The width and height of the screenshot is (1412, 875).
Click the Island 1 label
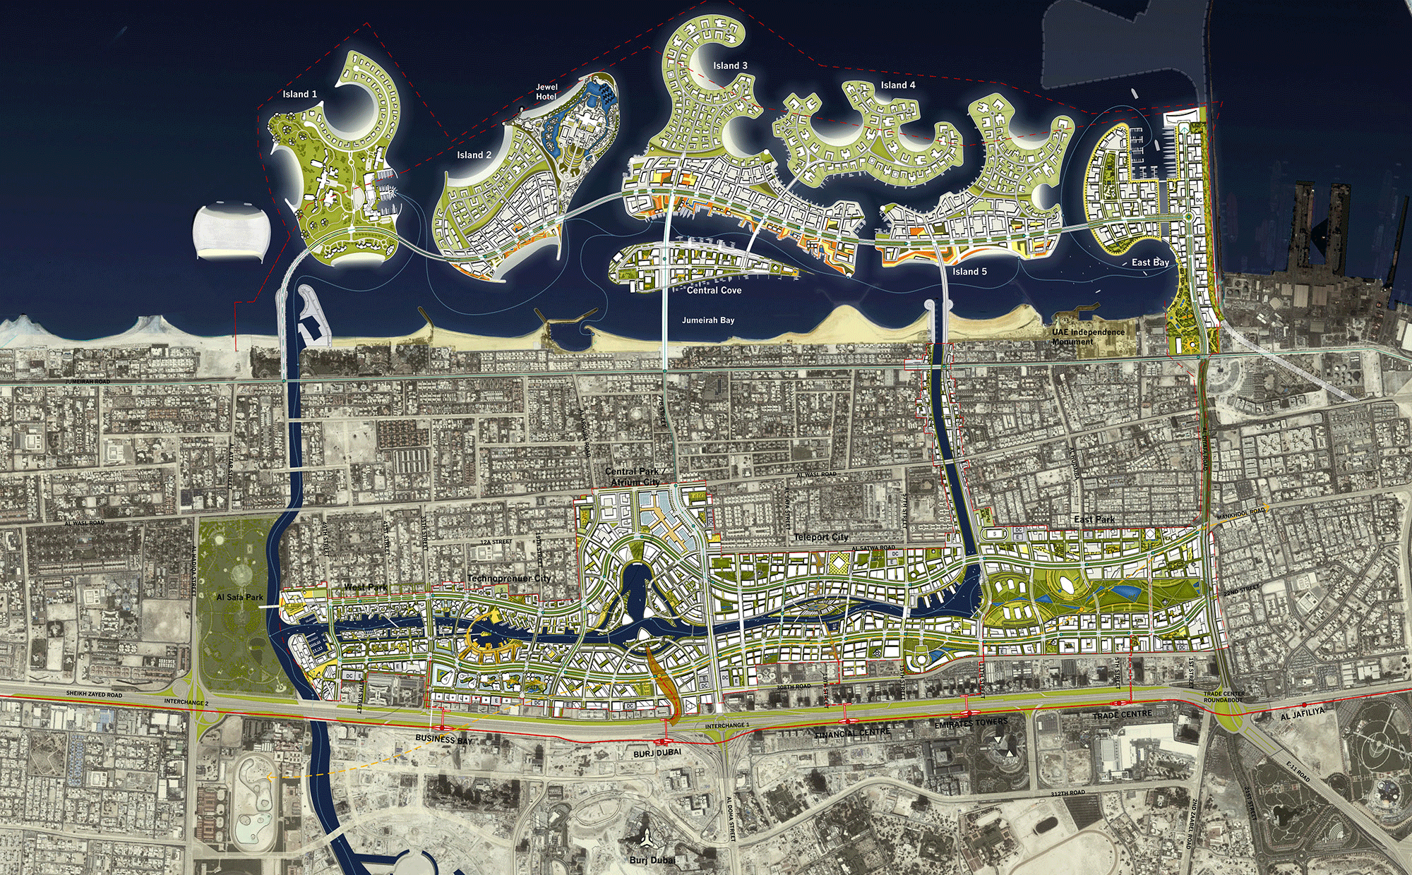pyautogui.click(x=299, y=94)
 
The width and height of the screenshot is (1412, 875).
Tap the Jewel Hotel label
pyautogui.click(x=546, y=92)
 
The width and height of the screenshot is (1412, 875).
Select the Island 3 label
pyautogui.click(x=730, y=66)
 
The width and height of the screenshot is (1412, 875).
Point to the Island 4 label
pyautogui.click(x=898, y=85)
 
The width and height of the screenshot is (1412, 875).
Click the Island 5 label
pyautogui.click(x=969, y=272)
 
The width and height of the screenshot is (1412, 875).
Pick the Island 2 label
pyautogui.click(x=474, y=155)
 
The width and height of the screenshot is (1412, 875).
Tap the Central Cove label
pyautogui.click(x=714, y=291)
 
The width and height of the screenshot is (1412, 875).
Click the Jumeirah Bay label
pyautogui.click(x=708, y=320)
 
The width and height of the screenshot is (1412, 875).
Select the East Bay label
pyautogui.click(x=1150, y=262)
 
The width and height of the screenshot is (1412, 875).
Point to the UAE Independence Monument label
pyautogui.click(x=1088, y=337)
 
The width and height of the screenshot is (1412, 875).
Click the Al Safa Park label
pyautogui.click(x=239, y=597)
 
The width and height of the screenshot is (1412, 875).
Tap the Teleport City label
pyautogui.click(x=821, y=537)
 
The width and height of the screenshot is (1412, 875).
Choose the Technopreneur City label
pyautogui.click(x=509, y=579)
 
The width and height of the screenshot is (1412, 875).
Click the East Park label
pyautogui.click(x=1094, y=519)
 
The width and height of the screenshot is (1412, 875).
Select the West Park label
pyautogui.click(x=365, y=587)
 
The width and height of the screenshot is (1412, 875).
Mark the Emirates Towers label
pyautogui.click(x=971, y=723)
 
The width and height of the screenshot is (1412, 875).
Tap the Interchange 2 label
pyautogui.click(x=186, y=702)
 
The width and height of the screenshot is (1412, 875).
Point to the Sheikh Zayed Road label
pyautogui.click(x=94, y=694)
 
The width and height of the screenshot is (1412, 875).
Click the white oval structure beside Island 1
pyautogui.click(x=231, y=231)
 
